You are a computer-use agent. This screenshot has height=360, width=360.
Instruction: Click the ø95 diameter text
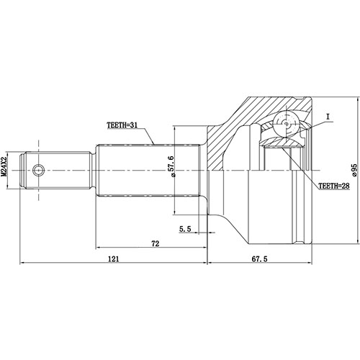pyautogui.click(x=354, y=170)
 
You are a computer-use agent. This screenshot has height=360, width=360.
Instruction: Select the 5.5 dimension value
pyautogui.click(x=185, y=230)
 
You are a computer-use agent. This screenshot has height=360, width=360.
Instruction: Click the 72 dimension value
pyautogui.click(x=154, y=245)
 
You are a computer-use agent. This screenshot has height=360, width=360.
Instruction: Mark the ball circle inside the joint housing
pyautogui.click(x=287, y=124)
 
